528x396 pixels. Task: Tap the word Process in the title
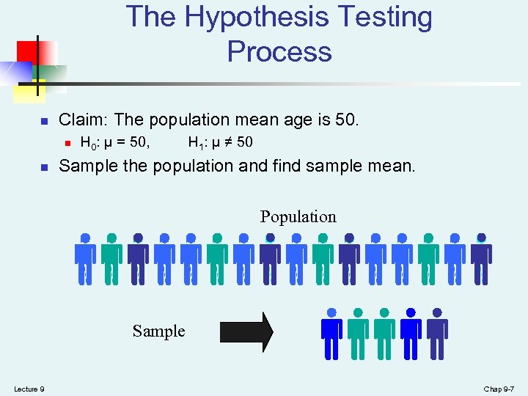click(279, 51)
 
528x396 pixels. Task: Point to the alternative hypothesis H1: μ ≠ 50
click(221, 142)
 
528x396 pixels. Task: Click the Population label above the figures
click(298, 216)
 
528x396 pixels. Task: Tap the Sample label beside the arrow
click(158, 331)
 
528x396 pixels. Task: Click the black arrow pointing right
click(246, 332)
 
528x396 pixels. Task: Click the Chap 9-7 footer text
click(500, 388)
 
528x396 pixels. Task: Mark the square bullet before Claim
click(44, 120)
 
